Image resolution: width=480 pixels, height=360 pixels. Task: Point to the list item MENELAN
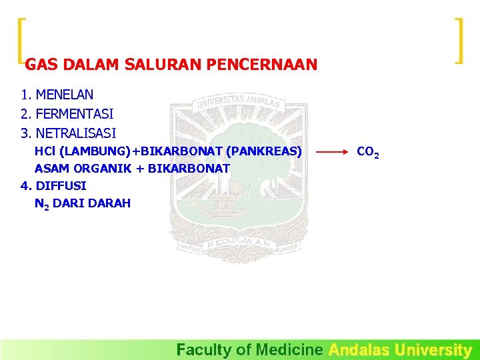point(65,95)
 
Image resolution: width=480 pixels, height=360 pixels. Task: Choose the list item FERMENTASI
point(75,114)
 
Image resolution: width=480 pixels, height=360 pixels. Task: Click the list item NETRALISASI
point(76,133)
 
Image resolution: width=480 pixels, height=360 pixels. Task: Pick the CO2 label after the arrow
point(368,152)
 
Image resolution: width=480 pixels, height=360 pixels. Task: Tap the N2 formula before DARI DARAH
point(41,204)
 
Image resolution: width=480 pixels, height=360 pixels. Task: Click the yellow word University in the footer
point(433,349)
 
